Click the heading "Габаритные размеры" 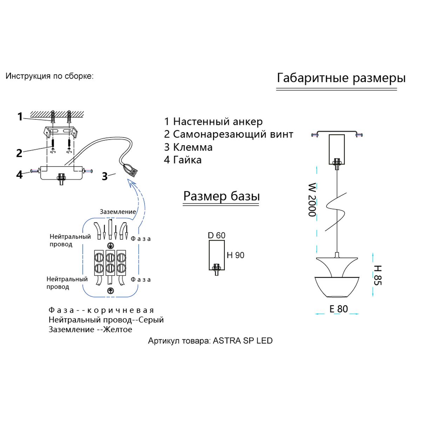coord(341,78)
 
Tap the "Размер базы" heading coord(221,196)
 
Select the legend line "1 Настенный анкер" coord(213,122)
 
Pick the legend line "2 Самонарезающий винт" coord(229,134)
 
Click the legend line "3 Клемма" coord(188,147)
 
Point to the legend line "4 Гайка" coord(183,160)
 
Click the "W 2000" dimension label coord(312,200)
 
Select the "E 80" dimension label coord(339,309)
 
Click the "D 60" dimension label coord(216,235)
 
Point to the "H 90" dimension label coord(235,255)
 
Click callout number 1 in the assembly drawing coord(20,116)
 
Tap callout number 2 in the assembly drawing coord(19,153)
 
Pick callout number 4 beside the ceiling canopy coord(19,174)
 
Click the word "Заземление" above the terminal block coord(118,212)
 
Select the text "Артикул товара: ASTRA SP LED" coord(210,341)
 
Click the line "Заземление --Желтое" coord(91,329)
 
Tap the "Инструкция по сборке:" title coord(49,76)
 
